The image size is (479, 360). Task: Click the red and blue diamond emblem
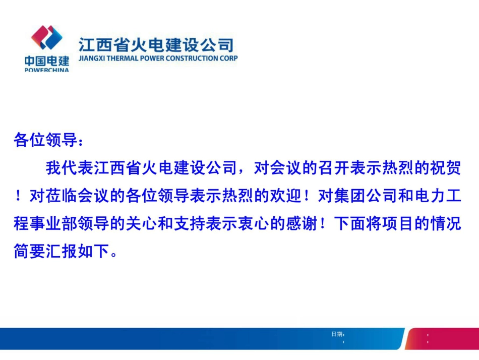coord(47,37)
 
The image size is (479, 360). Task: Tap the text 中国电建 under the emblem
coord(47,61)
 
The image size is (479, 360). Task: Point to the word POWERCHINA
coord(47,70)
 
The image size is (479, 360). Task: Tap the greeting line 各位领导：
coord(48,140)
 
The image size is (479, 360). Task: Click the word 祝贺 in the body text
coord(445,168)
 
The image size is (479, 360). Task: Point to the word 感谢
coord(302,223)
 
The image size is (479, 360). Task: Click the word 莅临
coord(62,196)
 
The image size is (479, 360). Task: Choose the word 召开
coord(334,168)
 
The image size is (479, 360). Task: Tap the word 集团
coord(350,196)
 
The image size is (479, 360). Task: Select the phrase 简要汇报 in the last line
coord(45,251)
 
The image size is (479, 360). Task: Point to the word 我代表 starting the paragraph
coord(70,168)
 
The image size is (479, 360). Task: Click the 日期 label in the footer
coord(337,334)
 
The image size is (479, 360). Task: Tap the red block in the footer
coord(443,338)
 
